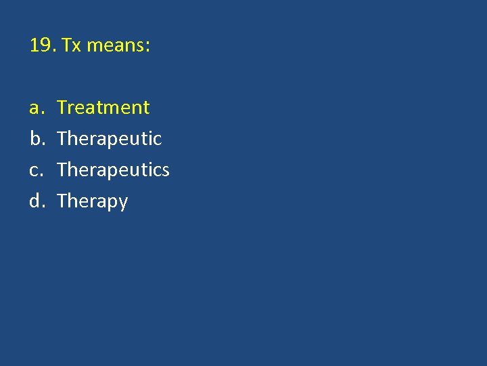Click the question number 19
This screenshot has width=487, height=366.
pyautogui.click(x=42, y=46)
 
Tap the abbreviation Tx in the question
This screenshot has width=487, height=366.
pyautogui.click(x=71, y=46)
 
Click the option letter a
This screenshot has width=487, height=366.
pyautogui.click(x=34, y=108)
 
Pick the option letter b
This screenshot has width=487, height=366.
pyautogui.click(x=35, y=138)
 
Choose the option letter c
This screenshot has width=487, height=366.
pyautogui.click(x=34, y=170)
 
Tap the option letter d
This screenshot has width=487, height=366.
pyautogui.click(x=35, y=201)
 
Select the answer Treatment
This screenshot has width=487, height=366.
pyautogui.click(x=103, y=107)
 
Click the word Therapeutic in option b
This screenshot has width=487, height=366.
pyautogui.click(x=110, y=139)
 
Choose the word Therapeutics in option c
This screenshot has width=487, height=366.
pyautogui.click(x=113, y=170)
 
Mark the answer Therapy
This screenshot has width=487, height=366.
pyautogui.click(x=92, y=201)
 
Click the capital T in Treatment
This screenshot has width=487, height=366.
pyautogui.click(x=62, y=107)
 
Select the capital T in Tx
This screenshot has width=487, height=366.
pyautogui.click(x=66, y=46)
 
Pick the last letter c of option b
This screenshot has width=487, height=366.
pyautogui.click(x=158, y=140)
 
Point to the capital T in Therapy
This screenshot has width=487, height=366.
pyautogui.click(x=62, y=201)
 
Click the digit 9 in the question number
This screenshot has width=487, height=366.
pyautogui.click(x=46, y=46)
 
